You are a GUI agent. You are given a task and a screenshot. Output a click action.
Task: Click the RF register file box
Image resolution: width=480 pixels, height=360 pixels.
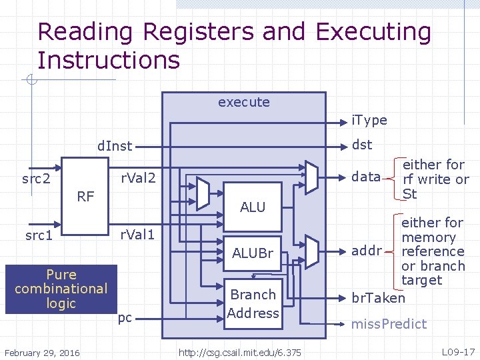click(85, 196)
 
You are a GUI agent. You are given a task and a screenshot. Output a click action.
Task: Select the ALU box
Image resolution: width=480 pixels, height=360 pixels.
click(253, 207)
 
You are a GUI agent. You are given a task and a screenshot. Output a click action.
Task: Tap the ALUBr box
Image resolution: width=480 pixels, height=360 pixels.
click(253, 253)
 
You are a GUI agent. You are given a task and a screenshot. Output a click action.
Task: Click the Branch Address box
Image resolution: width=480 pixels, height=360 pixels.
click(253, 303)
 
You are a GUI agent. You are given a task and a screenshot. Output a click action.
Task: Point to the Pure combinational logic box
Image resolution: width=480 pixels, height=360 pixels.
click(61, 289)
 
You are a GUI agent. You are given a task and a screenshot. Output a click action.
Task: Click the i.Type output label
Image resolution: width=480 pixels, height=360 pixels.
click(369, 120)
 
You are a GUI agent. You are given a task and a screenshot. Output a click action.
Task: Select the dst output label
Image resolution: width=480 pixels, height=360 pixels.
click(362, 145)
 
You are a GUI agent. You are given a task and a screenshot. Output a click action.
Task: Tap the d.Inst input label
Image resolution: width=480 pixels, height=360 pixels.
click(115, 145)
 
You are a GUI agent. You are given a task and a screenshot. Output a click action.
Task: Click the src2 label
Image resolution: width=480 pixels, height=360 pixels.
click(37, 179)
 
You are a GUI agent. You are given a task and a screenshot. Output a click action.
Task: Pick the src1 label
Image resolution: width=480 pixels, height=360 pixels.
click(38, 235)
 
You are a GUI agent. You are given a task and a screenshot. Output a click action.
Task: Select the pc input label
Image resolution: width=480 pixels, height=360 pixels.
click(125, 318)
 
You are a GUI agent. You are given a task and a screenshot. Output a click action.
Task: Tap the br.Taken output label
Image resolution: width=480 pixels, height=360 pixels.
click(378, 297)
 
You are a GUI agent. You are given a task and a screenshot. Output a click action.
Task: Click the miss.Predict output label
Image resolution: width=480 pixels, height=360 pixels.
click(389, 324)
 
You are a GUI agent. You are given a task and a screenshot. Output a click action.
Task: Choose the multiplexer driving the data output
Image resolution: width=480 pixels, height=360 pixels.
click(311, 177)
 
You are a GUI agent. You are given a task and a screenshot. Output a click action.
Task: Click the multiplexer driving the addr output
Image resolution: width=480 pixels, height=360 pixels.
click(311, 251)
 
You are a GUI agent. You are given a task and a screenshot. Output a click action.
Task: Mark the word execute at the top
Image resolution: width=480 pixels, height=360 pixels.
click(244, 102)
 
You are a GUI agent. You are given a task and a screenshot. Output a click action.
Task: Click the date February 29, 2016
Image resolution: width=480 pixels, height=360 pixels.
click(42, 352)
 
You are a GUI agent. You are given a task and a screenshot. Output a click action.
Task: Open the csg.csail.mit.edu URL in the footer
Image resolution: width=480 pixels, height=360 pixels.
click(239, 352)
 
